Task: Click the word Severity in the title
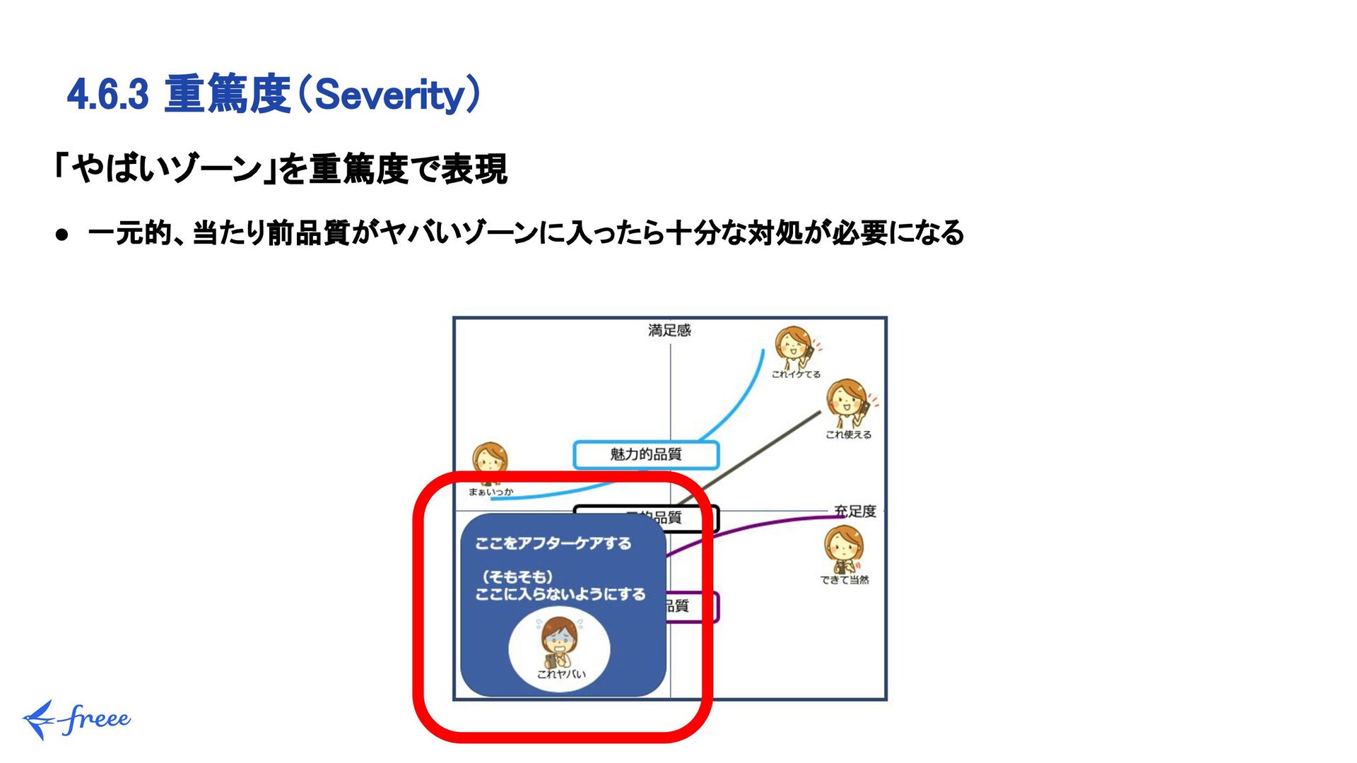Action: pyautogui.click(x=389, y=95)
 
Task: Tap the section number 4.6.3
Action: pyautogui.click(x=108, y=95)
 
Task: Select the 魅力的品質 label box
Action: pyautogui.click(x=645, y=454)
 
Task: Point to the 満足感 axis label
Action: pyautogui.click(x=669, y=330)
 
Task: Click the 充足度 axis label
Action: pyautogui.click(x=854, y=511)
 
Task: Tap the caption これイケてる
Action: pyautogui.click(x=796, y=374)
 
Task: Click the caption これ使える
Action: pyautogui.click(x=848, y=434)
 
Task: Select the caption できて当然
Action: pyautogui.click(x=845, y=580)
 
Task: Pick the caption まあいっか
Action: pyautogui.click(x=490, y=492)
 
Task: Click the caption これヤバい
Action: pyautogui.click(x=561, y=674)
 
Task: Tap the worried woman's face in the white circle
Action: pyautogui.click(x=559, y=638)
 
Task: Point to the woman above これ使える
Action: pyautogui.click(x=847, y=403)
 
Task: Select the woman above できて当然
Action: pyautogui.click(x=843, y=548)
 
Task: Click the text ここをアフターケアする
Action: pyautogui.click(x=553, y=543)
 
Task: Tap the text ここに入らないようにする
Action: pyautogui.click(x=560, y=594)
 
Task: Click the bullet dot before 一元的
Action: pyautogui.click(x=63, y=235)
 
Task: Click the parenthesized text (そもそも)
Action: pyautogui.click(x=517, y=576)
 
